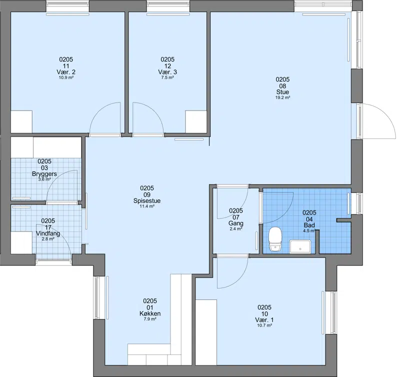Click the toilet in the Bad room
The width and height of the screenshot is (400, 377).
click(275, 239)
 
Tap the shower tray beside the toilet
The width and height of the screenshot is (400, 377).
click(300, 246)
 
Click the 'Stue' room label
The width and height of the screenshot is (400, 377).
click(282, 92)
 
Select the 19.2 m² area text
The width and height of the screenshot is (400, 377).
click(282, 97)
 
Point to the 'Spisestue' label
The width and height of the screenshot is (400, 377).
click(147, 200)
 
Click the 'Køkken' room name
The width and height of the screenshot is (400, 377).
click(150, 313)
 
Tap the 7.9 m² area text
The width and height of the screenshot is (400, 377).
click(150, 319)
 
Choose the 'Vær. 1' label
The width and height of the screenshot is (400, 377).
click(264, 320)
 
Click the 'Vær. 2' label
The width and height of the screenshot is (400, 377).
click(66, 72)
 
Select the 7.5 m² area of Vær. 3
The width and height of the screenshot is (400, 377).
click(167, 77)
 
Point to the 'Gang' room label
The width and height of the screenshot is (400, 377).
click(236, 223)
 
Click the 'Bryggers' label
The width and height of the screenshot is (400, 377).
click(44, 174)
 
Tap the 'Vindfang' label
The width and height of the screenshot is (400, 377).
click(48, 233)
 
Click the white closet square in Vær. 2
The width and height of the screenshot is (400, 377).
click(21, 121)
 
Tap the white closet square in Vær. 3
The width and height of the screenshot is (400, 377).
click(196, 121)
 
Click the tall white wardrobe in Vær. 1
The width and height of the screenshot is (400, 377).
click(206, 332)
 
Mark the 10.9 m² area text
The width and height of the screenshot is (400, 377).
click(66, 77)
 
